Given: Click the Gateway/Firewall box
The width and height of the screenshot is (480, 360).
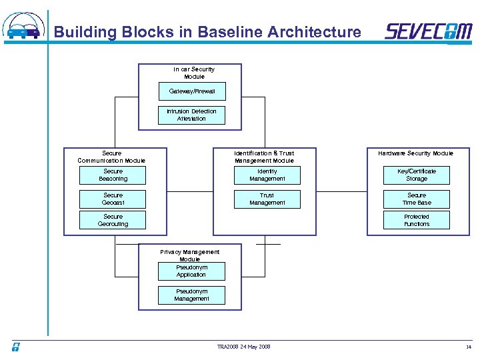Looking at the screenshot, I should point(191,91).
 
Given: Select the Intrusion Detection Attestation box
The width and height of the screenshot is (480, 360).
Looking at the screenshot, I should point(191,115).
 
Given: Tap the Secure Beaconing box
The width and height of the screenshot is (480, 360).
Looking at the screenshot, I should point(113,175).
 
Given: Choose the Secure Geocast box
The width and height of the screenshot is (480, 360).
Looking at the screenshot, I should point(113,199).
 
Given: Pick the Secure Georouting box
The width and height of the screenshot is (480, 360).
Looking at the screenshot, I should point(113,221).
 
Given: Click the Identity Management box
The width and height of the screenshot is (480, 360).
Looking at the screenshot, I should point(267,175).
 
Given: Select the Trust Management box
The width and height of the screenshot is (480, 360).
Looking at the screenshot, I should point(267,199).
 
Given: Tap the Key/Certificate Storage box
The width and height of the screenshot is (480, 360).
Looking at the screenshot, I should point(417,175).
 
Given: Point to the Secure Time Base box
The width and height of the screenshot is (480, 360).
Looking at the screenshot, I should point(417,199).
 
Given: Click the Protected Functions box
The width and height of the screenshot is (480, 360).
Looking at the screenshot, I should point(417,221).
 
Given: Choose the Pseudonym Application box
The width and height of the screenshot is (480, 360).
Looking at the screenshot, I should point(191,271).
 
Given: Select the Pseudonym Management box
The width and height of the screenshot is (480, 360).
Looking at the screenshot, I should point(191,295).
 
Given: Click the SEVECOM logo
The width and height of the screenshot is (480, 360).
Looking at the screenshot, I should point(428,31).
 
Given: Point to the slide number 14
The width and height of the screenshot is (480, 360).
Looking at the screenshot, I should point(468,347).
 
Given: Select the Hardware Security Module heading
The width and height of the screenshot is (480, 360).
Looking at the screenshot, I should point(415,153).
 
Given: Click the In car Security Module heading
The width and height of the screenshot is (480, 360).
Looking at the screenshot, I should point(194,73).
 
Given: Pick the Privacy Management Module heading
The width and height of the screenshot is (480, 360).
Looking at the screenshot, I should point(190,255).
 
